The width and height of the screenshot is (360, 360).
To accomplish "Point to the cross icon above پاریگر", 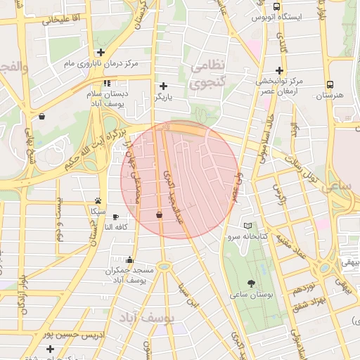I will coord(164,86).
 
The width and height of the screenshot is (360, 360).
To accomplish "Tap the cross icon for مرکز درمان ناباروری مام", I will coord(101,52).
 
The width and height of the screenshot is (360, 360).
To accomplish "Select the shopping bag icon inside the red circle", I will coord(159,214).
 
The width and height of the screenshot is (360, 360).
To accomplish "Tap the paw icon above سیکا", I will coord(97,200).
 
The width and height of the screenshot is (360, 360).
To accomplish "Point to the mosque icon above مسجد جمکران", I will coord(129,259).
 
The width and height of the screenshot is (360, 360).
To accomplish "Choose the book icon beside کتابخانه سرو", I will coord(247,226).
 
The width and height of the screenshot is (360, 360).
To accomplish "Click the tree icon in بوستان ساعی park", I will coord(252,283).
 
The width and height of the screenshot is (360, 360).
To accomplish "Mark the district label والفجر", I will coord(14,68).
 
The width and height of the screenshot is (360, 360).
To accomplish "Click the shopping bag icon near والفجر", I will coord(43,117).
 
